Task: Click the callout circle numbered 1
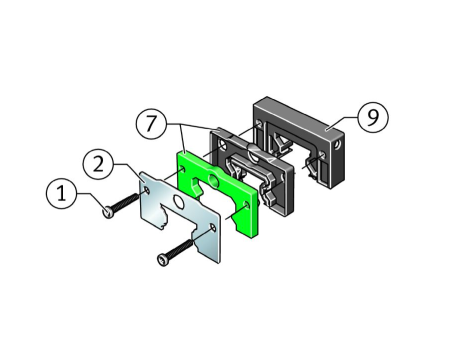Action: [61, 194]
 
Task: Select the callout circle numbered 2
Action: [98, 165]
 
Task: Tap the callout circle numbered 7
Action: [151, 123]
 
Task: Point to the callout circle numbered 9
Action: [373, 117]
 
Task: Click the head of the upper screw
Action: [109, 212]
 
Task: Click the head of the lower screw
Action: [163, 260]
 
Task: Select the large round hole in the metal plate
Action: [178, 202]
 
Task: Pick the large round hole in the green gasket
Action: [213, 179]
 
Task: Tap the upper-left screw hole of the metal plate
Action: [146, 190]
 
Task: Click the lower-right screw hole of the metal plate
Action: [212, 227]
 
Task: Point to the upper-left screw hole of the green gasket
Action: [182, 170]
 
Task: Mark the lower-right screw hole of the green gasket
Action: [246, 204]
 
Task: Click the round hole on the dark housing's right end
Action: [338, 145]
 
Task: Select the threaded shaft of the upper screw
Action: [125, 202]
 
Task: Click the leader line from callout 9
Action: [342, 122]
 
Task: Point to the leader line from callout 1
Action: [92, 201]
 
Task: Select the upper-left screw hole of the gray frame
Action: [222, 145]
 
